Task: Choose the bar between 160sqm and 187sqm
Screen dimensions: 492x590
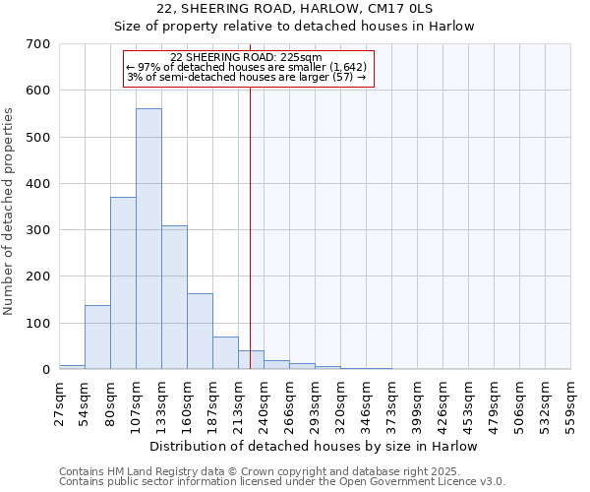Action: (200, 332)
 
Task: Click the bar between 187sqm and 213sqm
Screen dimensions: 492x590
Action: (225, 353)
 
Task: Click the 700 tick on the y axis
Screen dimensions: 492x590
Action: (38, 44)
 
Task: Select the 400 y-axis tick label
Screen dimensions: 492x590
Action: (38, 184)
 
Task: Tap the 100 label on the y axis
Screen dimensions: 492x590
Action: (38, 324)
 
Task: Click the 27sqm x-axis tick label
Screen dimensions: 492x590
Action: (59, 400)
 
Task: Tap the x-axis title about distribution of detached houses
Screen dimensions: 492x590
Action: (314, 446)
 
